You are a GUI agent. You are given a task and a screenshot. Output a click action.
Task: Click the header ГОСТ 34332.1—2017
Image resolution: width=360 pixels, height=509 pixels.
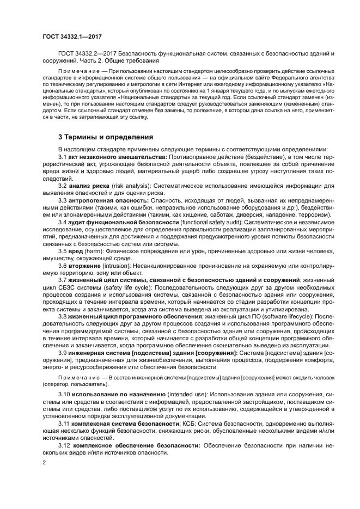[72, 37]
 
